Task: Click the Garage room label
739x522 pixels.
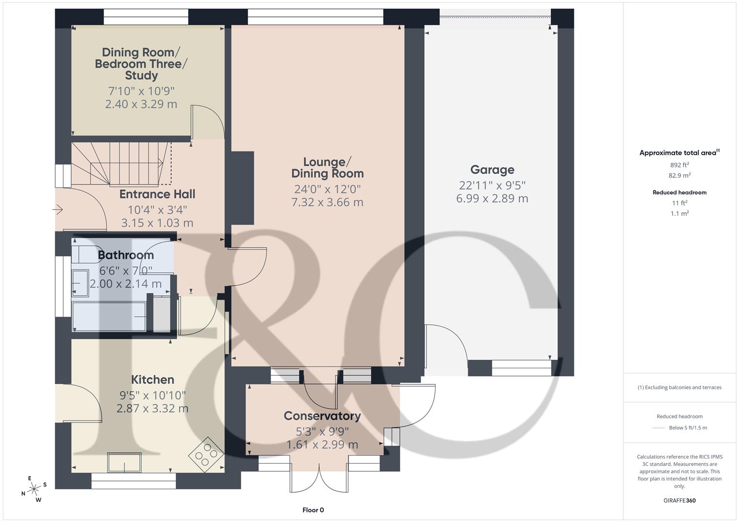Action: pyautogui.click(x=492, y=170)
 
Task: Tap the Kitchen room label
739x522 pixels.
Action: pyautogui.click(x=152, y=380)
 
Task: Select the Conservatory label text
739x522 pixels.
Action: pyautogui.click(x=322, y=416)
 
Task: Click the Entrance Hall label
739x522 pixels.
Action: pyautogui.click(x=157, y=194)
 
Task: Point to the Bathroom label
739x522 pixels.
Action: pyautogui.click(x=126, y=255)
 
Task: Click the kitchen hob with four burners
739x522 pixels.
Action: pyautogui.click(x=205, y=454)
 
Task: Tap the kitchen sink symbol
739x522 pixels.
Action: pyautogui.click(x=124, y=463)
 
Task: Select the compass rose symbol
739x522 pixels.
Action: pyautogui.click(x=34, y=489)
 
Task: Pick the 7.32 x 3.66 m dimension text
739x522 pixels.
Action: pyautogui.click(x=327, y=203)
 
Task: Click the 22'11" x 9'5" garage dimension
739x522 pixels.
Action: pyautogui.click(x=492, y=185)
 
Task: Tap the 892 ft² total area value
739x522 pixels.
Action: pyautogui.click(x=679, y=165)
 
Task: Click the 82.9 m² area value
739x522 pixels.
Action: pyautogui.click(x=679, y=175)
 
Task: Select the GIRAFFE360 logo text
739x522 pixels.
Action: pyautogui.click(x=679, y=500)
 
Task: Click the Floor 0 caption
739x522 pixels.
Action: pyautogui.click(x=313, y=510)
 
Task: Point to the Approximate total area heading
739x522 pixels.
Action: pyautogui.click(x=679, y=153)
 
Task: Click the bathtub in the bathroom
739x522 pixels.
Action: pyautogui.click(x=109, y=317)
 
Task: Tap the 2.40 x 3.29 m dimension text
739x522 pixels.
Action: pyautogui.click(x=141, y=104)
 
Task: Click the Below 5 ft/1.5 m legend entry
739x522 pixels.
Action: pyautogui.click(x=688, y=428)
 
